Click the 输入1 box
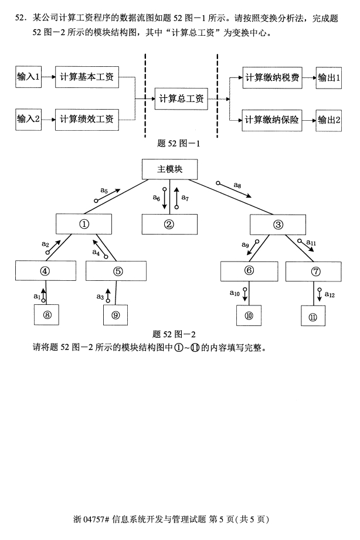click(x=28, y=77)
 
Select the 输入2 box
click(x=28, y=119)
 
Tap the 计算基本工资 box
click(x=87, y=77)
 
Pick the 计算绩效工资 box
click(x=87, y=120)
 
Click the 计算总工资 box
click(x=181, y=99)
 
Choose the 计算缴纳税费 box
click(x=272, y=78)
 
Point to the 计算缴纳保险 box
click(x=272, y=120)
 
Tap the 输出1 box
click(x=329, y=78)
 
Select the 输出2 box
click(x=329, y=120)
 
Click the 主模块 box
click(x=170, y=169)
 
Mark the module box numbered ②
click(x=169, y=225)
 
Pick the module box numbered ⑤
click(x=116, y=271)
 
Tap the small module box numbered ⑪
click(x=313, y=315)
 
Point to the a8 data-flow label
click(x=237, y=185)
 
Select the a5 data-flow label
click(x=104, y=191)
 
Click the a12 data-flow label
click(x=330, y=295)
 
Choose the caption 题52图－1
click(x=178, y=143)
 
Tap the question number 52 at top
click(x=21, y=18)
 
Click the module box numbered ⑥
click(x=249, y=271)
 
